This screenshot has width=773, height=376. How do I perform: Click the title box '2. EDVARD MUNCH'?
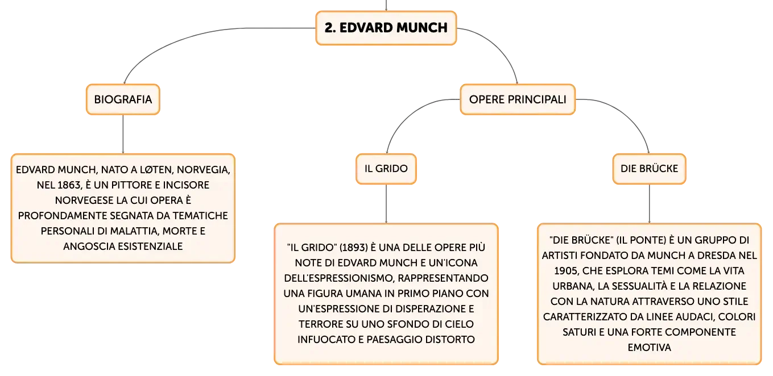[x=386, y=28]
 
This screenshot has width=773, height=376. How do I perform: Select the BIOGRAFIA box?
[x=123, y=99]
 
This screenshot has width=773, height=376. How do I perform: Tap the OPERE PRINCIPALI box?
[x=518, y=99]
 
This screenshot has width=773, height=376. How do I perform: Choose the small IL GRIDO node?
[x=386, y=169]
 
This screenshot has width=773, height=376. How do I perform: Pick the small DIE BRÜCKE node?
[x=649, y=169]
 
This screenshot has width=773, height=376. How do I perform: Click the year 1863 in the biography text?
[x=69, y=185]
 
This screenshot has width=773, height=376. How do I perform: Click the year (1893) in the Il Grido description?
[x=354, y=248]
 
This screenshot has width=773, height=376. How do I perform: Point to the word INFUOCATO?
[x=326, y=340]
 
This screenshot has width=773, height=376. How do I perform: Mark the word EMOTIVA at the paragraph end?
[x=649, y=348]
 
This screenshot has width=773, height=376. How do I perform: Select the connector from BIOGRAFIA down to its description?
[x=123, y=134]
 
